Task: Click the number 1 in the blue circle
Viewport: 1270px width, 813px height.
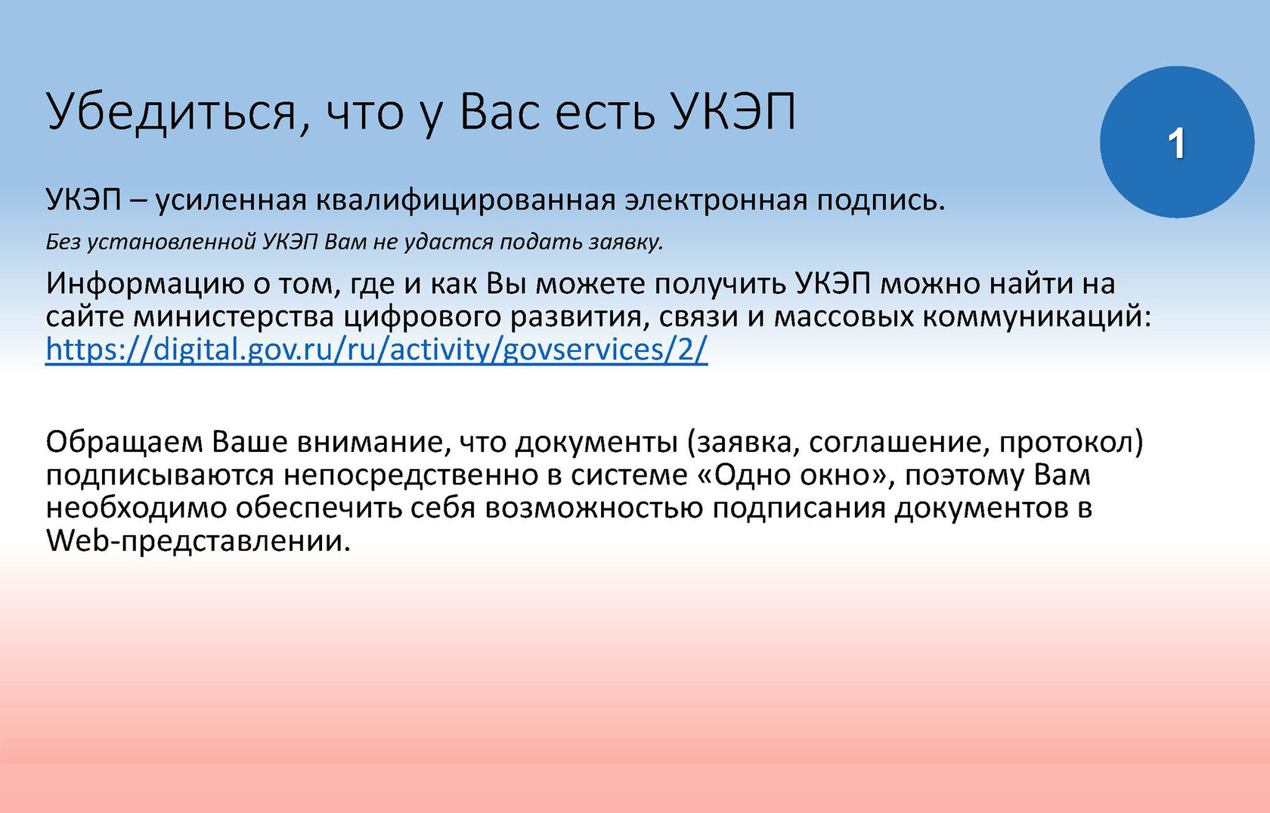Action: pos(1177,144)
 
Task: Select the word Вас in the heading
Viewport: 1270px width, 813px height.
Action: pos(500,111)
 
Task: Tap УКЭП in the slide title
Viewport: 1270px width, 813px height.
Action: pos(734,112)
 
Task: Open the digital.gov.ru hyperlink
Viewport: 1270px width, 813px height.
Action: pos(376,350)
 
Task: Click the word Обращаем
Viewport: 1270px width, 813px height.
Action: pos(124,443)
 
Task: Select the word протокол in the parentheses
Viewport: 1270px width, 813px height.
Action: pos(1070,443)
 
